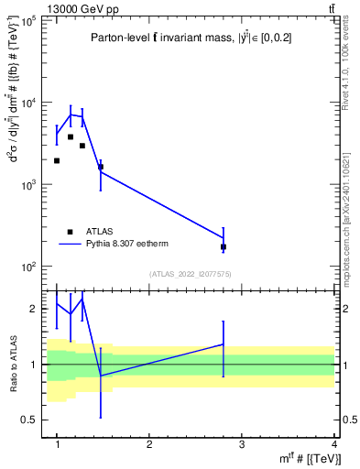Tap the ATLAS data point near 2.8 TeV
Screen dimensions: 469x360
pos(224,247)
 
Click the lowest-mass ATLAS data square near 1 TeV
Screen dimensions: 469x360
pos(57,160)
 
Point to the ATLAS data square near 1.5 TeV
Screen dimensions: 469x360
pos(101,167)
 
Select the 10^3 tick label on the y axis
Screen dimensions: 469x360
pos(29,184)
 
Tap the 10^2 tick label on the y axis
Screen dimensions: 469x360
pos(29,267)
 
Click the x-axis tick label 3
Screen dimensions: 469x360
pos(242,443)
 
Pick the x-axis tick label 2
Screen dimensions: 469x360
pos(149,443)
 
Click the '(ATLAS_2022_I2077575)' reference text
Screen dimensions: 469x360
pos(189,273)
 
